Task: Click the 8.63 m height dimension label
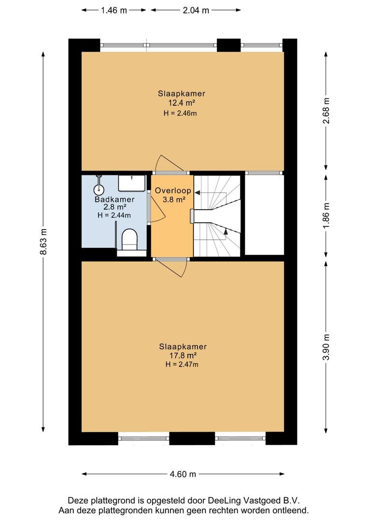[43, 242]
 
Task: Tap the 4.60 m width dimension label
[183, 474]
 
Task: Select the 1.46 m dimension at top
[114, 10]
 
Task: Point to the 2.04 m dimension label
[196, 10]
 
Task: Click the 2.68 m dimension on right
[326, 111]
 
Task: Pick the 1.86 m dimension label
[326, 216]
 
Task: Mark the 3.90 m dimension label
[326, 347]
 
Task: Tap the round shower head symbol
[99, 190]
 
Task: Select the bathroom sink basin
[132, 183]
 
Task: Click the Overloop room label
[173, 191]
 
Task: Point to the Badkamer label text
[114, 200]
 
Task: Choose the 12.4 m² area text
[181, 103]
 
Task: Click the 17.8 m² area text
[183, 356]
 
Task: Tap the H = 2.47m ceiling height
[182, 364]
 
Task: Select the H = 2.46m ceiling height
[180, 113]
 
